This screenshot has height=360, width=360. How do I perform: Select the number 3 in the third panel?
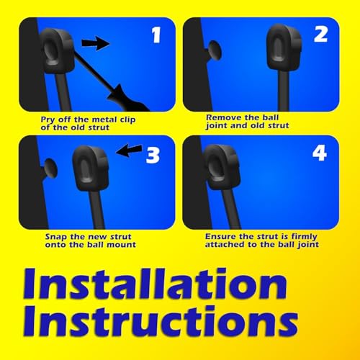[152, 154]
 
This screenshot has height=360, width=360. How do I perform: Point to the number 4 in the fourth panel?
[319, 154]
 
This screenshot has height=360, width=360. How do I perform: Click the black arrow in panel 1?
[93, 44]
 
